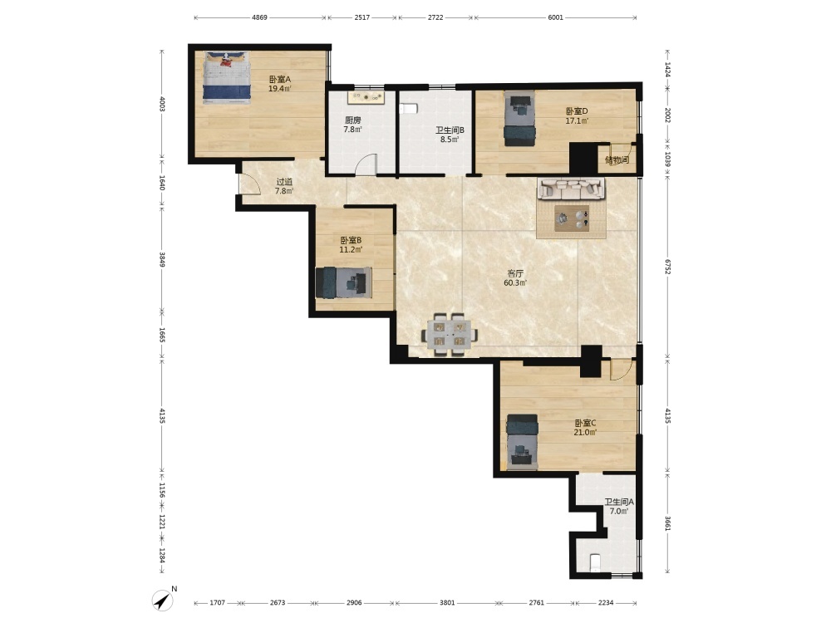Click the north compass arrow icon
pyautogui.click(x=163, y=600)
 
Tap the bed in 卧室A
pyautogui.click(x=227, y=78)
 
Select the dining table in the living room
pyautogui.click(x=450, y=335)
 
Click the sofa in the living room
pyautogui.click(x=571, y=188)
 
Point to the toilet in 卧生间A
pyautogui.click(x=596, y=562)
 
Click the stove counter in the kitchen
pyautogui.click(x=366, y=97)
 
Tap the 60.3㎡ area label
pyautogui.click(x=515, y=283)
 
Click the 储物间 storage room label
pyautogui.click(x=617, y=159)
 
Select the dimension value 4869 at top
pyautogui.click(x=259, y=17)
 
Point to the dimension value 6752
pyautogui.click(x=668, y=267)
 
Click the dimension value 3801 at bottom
pyautogui.click(x=447, y=602)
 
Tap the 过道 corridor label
pyautogui.click(x=284, y=182)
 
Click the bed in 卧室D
pyautogui.click(x=519, y=118)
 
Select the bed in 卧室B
pyautogui.click(x=343, y=282)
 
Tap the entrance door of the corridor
pyautogui.click(x=248, y=184)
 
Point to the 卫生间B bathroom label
pyautogui.click(x=450, y=130)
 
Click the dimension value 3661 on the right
pyautogui.click(x=668, y=523)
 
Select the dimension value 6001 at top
pyautogui.click(x=555, y=17)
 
